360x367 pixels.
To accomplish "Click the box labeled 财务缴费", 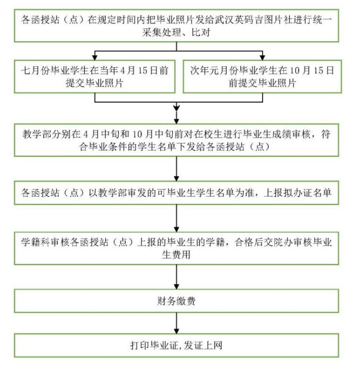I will tap(176, 301).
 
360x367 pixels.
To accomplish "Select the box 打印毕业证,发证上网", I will tap(176, 345).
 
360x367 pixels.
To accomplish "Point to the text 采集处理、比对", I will tap(176, 34).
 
